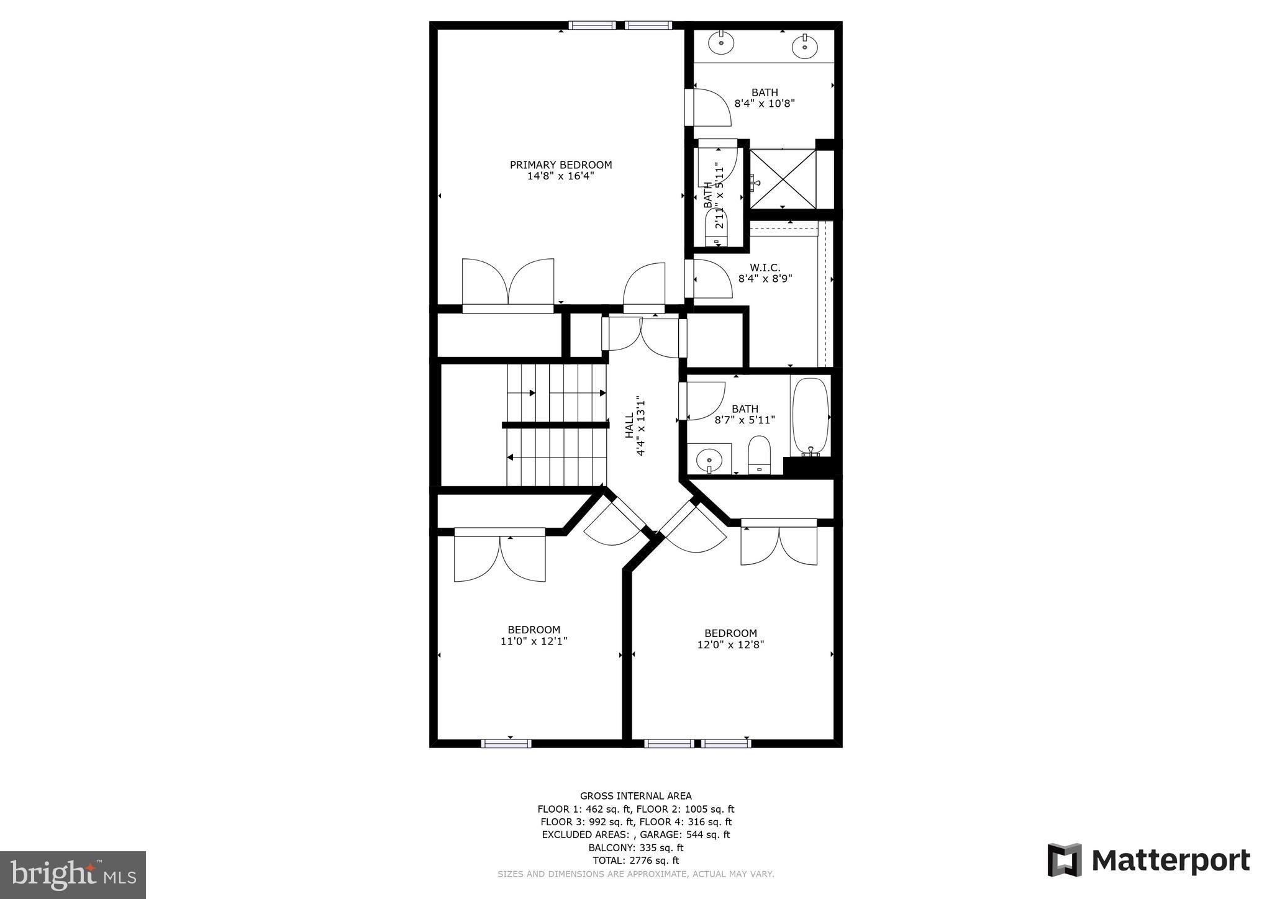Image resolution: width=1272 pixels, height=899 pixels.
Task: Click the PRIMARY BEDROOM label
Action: click(x=561, y=165)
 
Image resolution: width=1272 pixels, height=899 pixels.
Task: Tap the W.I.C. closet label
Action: click(x=765, y=268)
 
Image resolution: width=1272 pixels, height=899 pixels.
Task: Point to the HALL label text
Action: click(x=629, y=426)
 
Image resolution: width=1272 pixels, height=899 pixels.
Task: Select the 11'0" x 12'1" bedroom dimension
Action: click(x=534, y=641)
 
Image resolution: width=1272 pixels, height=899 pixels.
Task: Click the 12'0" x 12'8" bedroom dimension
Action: click(x=730, y=644)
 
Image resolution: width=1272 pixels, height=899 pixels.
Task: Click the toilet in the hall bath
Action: click(x=758, y=454)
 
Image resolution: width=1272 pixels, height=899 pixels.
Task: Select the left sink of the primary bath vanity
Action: click(x=721, y=43)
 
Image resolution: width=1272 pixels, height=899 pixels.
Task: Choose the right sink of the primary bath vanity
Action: click(x=805, y=45)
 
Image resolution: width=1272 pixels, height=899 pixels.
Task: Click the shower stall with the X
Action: click(x=783, y=179)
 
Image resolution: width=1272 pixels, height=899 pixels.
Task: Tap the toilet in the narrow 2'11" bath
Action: click(x=719, y=228)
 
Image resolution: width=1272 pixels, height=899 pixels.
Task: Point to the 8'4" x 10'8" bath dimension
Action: click(x=765, y=104)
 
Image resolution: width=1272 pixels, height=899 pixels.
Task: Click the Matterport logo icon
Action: click(x=1065, y=861)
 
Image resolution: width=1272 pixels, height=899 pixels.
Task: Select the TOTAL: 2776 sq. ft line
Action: click(x=635, y=861)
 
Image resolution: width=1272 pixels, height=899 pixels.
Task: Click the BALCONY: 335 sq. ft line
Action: click(x=635, y=847)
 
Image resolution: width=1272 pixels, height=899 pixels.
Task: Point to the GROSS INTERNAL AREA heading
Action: click(x=635, y=796)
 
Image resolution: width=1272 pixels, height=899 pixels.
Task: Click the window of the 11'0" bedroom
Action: click(x=506, y=743)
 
